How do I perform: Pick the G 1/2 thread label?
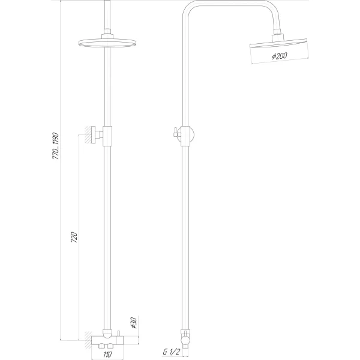[x=172, y=352]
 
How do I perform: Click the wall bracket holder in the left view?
[x=106, y=136]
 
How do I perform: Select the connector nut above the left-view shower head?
[x=108, y=35]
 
